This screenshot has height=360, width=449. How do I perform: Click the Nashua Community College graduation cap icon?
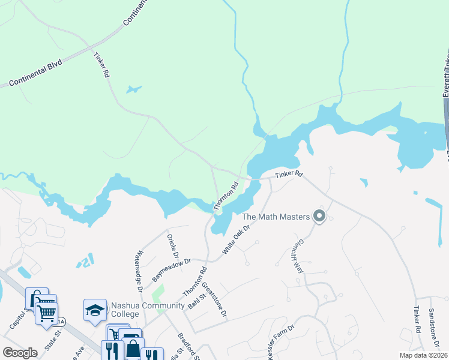(x=94, y=310)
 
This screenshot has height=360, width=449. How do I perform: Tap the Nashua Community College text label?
(x=147, y=310)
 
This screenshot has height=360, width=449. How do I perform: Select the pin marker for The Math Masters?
(x=319, y=215)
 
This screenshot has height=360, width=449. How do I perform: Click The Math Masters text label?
(x=276, y=217)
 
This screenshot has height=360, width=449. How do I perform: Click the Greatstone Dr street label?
(x=214, y=299)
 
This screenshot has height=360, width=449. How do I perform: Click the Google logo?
(x=20, y=353)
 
